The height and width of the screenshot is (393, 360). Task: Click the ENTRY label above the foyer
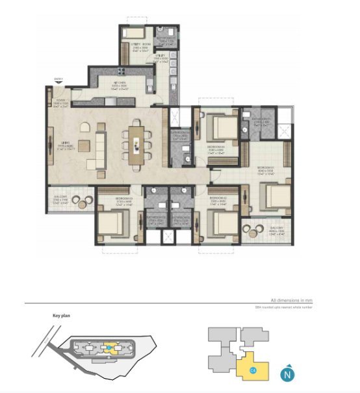point(58,79)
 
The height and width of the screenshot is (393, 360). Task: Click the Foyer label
point(60,103)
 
